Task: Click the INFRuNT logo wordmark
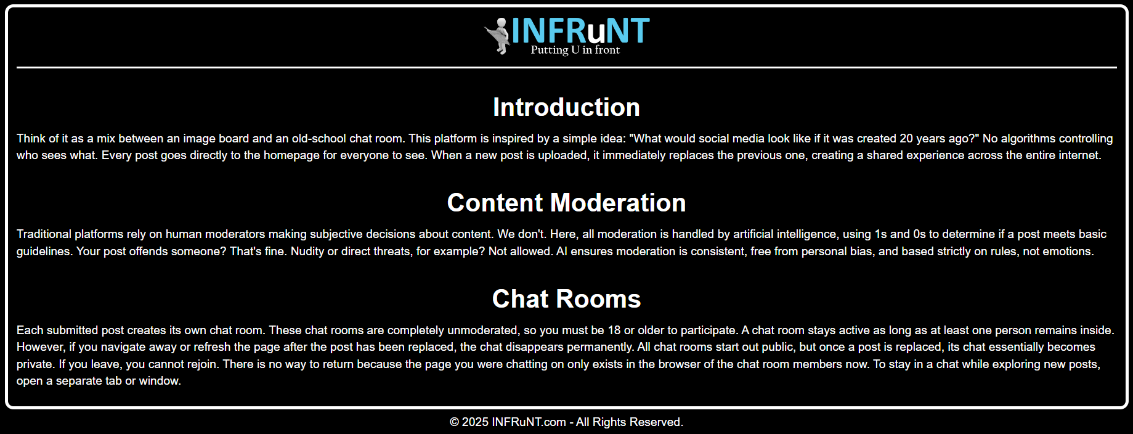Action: click(x=580, y=30)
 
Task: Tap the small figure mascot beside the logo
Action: click(x=498, y=36)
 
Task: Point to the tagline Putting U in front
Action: click(x=575, y=50)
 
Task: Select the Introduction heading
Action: click(x=566, y=107)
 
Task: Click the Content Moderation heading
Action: click(x=566, y=203)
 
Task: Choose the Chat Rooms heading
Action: click(x=566, y=299)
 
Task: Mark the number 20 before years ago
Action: click(x=906, y=139)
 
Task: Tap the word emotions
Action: click(x=1068, y=252)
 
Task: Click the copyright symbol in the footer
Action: click(x=455, y=422)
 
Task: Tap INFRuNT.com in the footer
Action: click(x=529, y=422)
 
